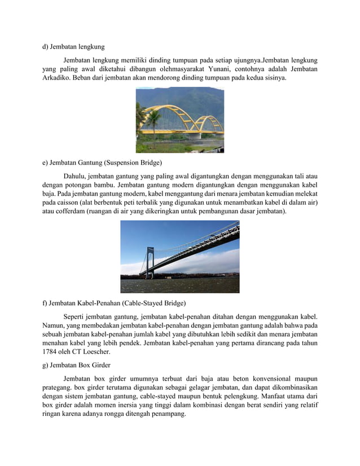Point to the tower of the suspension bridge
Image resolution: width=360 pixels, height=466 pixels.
150,262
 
